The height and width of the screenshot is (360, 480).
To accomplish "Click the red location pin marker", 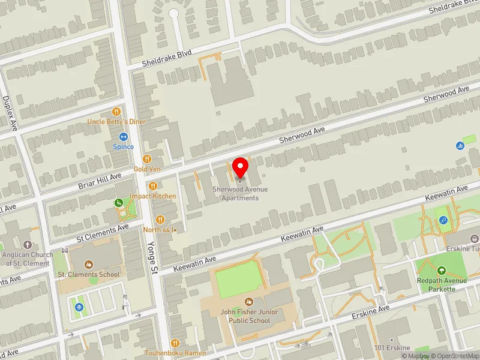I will (x=241, y=167).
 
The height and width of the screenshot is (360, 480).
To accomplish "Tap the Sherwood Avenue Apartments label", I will (x=240, y=194).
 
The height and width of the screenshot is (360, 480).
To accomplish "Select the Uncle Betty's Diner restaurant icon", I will (x=117, y=112).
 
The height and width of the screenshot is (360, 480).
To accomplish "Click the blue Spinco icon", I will (x=123, y=137).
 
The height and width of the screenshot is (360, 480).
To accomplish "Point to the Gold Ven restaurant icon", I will (x=146, y=159).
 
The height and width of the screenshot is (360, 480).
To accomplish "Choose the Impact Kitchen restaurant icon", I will (x=154, y=187).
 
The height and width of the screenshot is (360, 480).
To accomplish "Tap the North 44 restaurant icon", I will (x=160, y=220).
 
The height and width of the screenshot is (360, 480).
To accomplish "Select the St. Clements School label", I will (x=88, y=274).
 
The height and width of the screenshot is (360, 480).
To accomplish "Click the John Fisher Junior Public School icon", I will (x=248, y=301).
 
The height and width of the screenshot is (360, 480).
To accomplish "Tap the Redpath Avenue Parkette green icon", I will (x=442, y=271).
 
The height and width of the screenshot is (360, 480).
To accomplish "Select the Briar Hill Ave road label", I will (x=100, y=181).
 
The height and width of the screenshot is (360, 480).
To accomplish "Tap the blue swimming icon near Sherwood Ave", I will (x=460, y=146).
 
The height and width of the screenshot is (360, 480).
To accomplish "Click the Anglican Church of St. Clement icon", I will (x=28, y=245).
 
